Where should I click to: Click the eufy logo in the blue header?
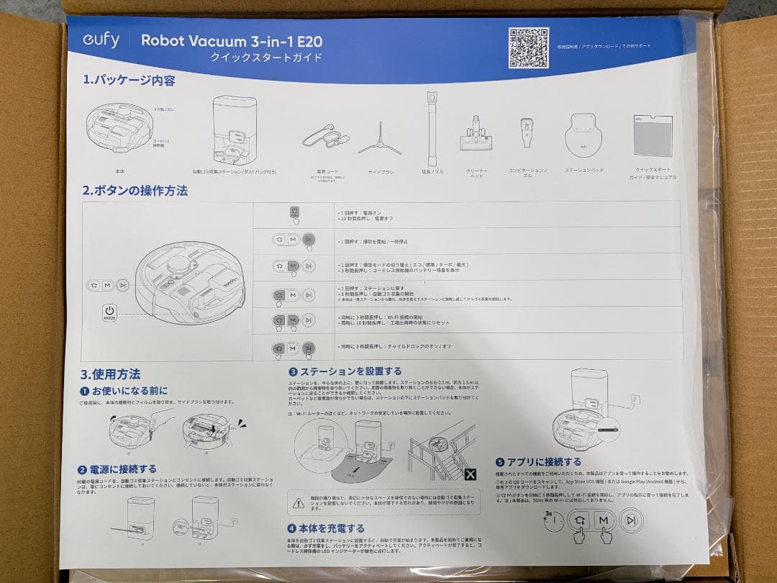(100, 40)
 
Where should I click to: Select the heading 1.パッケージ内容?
(129, 81)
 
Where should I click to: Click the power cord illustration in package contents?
(324, 137)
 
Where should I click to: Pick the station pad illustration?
(583, 133)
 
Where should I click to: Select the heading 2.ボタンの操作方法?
(135, 191)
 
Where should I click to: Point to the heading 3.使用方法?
(110, 374)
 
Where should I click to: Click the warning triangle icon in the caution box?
(298, 502)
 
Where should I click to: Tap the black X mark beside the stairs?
(470, 474)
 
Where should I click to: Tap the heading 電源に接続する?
(122, 469)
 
